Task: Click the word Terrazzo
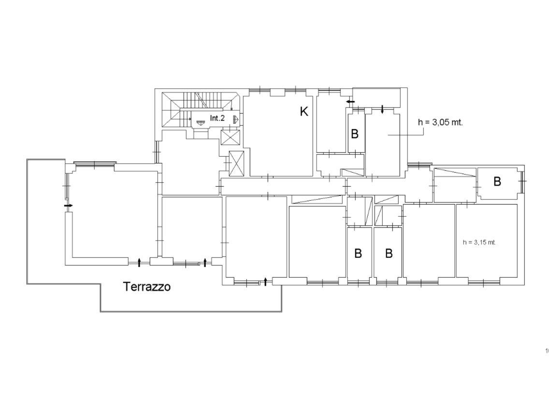point(147,286)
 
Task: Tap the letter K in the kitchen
point(304,111)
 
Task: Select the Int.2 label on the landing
point(217,118)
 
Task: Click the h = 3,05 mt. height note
point(440,122)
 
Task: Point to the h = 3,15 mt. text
point(479,242)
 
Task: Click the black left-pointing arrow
point(350,102)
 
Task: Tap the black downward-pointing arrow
point(382,109)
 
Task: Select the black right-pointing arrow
point(69,205)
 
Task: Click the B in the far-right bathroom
point(497,181)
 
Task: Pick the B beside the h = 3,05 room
point(355,134)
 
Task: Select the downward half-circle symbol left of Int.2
point(200,123)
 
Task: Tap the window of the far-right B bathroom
point(522,181)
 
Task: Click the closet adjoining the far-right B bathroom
point(455,185)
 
